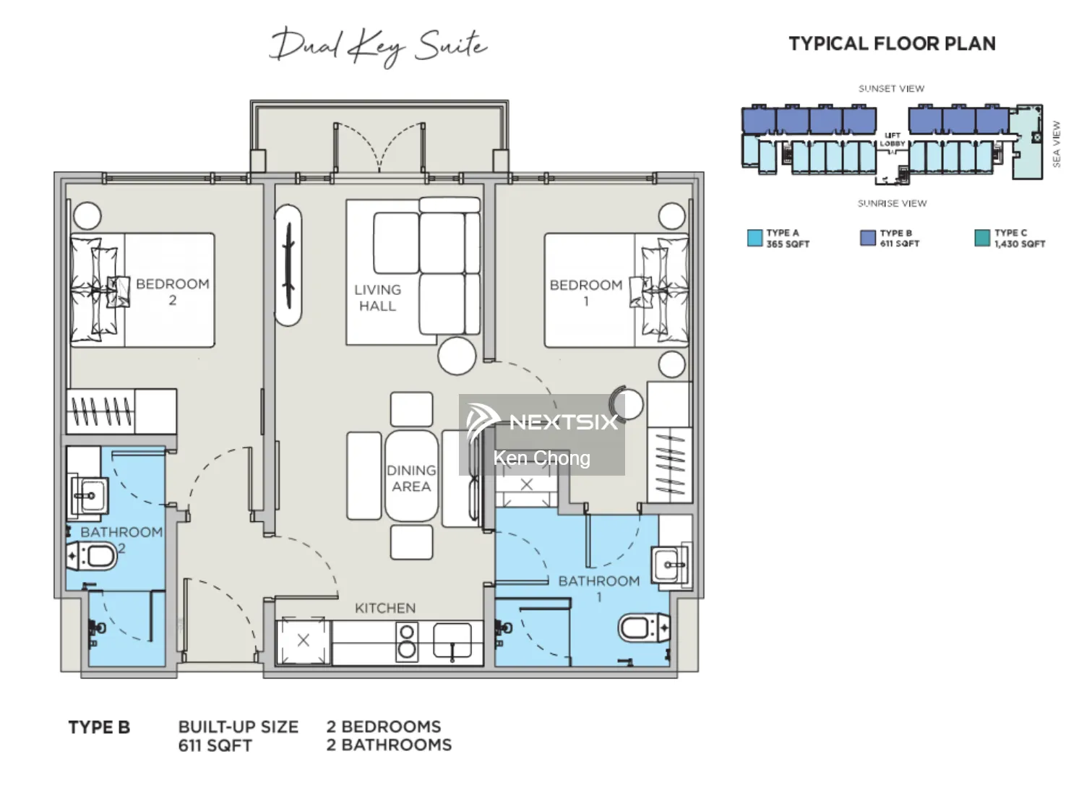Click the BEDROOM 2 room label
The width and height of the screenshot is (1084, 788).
click(172, 291)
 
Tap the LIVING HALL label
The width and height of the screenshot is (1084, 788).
click(377, 297)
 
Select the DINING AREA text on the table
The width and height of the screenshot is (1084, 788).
click(411, 478)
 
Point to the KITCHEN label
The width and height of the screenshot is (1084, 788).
click(385, 608)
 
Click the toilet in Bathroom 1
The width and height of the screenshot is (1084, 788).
click(643, 628)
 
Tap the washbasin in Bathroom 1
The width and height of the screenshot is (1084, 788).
click(670, 565)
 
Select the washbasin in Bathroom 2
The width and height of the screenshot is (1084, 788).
click(89, 496)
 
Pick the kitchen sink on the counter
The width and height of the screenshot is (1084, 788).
click(452, 641)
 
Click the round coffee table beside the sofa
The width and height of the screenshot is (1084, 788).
click(457, 355)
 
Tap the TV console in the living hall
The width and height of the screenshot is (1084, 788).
click(288, 265)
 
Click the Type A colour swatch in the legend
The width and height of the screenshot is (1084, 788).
click(754, 238)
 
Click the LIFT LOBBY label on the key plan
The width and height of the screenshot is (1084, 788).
click(892, 140)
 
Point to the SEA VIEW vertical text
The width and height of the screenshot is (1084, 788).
click(1056, 144)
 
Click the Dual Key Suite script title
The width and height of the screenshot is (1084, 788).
click(379, 46)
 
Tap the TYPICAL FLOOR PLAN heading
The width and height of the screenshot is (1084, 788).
click(892, 43)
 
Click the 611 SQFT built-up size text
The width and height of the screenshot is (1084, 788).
click(215, 745)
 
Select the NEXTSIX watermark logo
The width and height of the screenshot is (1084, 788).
click(542, 421)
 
